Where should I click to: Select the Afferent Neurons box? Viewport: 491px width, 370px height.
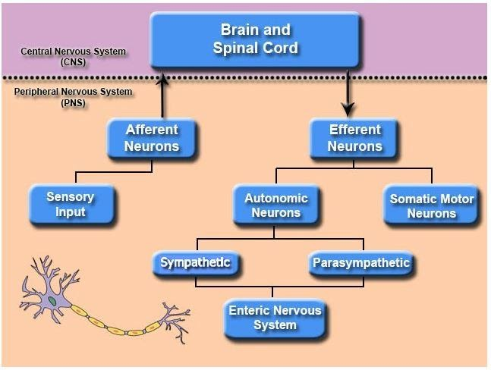pyautogui.click(x=152, y=137)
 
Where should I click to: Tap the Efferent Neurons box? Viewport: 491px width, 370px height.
pyautogui.click(x=354, y=137)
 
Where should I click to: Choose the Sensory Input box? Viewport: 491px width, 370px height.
pyautogui.click(x=71, y=204)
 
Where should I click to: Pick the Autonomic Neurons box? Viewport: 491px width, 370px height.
pyautogui.click(x=275, y=205)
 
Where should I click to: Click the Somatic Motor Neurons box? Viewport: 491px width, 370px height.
pyautogui.click(x=431, y=205)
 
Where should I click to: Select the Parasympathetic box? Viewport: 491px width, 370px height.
pyautogui.click(x=360, y=263)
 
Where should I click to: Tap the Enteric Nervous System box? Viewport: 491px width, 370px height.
pyautogui.click(x=275, y=317)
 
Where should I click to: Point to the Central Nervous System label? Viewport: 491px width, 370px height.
pyautogui.click(x=74, y=52)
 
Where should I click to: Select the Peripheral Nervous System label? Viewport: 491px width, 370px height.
pyautogui.click(x=73, y=92)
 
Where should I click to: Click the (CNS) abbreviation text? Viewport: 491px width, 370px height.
pyautogui.click(x=74, y=63)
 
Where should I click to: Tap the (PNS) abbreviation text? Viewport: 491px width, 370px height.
pyautogui.click(x=73, y=102)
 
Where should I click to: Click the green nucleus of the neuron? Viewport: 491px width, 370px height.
pyautogui.click(x=53, y=302)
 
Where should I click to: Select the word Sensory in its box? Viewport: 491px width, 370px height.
pyautogui.click(x=71, y=197)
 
